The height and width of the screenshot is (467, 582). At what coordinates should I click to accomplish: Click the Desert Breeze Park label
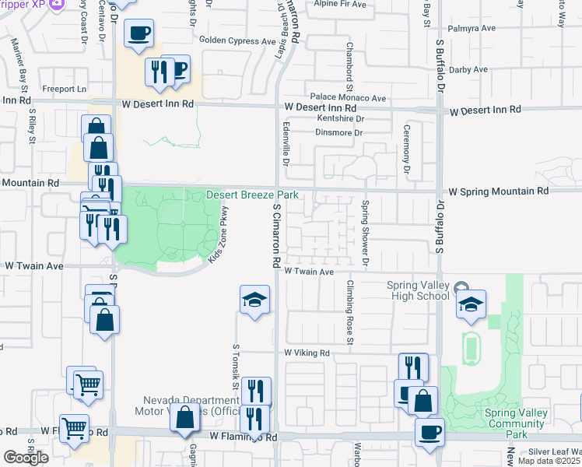pos(253,195)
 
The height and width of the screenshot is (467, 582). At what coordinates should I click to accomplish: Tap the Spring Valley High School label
pos(419,290)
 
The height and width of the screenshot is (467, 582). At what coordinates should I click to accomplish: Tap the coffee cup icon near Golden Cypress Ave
pos(139,33)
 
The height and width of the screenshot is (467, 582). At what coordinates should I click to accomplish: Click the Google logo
pos(26,458)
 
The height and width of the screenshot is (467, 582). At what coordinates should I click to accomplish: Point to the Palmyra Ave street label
pos(472,28)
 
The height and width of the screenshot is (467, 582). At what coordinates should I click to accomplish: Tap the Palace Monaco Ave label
pos(347,98)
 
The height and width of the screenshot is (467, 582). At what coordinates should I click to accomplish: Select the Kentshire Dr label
pos(341,118)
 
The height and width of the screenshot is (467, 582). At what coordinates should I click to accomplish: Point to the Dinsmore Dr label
pos(340,133)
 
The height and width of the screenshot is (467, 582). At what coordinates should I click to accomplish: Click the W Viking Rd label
pos(307,353)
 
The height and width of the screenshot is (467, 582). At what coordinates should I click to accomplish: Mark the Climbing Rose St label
pos(350,312)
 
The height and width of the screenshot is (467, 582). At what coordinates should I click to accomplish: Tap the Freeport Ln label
pos(64,89)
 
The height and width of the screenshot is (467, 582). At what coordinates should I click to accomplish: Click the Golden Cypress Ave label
pos(237,40)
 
